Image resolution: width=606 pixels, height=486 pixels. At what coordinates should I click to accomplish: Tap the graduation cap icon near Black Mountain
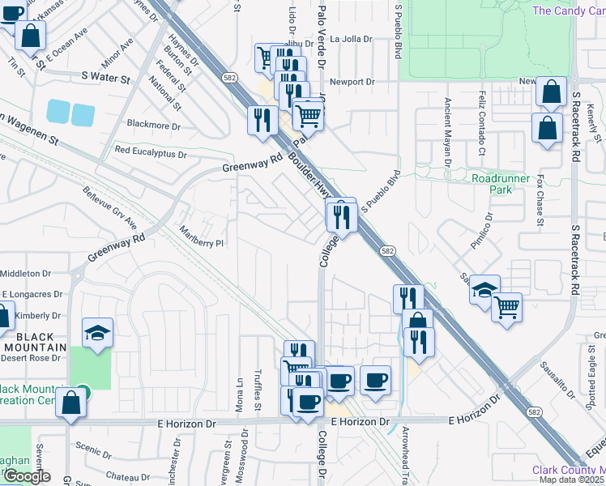[97, 334]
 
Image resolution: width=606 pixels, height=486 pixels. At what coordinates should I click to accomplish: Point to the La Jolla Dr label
[351, 39]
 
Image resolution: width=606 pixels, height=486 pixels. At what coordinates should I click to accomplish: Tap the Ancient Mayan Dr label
[447, 131]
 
